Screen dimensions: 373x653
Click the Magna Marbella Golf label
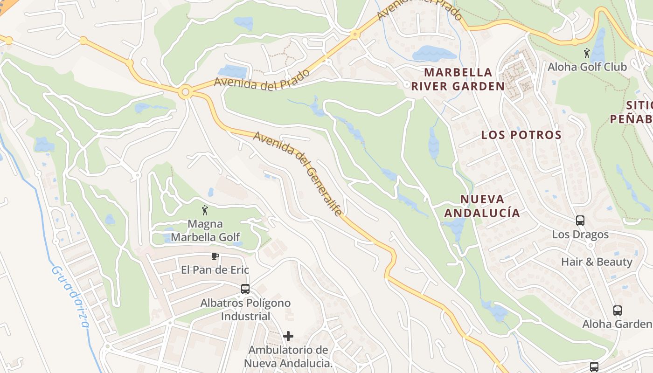click(205, 231)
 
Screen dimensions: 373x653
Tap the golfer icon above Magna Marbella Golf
click(204, 210)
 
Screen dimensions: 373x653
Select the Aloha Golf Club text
click(587, 67)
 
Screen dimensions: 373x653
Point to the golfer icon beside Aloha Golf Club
click(587, 53)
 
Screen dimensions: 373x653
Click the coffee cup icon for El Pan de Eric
click(215, 256)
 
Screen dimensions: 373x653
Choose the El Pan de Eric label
click(215, 270)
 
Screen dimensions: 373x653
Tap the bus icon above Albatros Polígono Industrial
click(245, 289)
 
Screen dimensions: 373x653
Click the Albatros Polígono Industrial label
click(245, 310)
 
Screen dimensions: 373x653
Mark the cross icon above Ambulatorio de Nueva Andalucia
click(288, 336)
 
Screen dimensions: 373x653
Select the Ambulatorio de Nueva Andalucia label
click(288, 357)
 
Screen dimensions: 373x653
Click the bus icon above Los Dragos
click(580, 221)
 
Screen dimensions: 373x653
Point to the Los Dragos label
click(580, 235)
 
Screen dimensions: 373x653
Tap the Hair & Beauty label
click(597, 262)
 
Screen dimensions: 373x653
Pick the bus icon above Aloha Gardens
click(618, 310)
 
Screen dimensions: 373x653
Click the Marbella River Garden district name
click(458, 79)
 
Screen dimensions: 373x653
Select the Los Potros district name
click(521, 135)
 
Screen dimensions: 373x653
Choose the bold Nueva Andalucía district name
click(482, 206)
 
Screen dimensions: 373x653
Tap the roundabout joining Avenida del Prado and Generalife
click(186, 92)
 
